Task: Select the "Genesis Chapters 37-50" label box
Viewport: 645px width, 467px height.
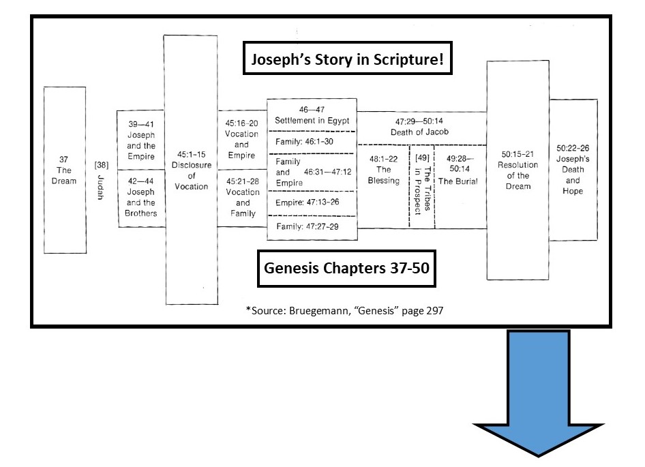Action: [347, 267]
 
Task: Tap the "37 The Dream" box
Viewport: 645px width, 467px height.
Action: [64, 170]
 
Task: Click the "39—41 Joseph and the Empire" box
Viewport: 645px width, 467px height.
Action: [141, 140]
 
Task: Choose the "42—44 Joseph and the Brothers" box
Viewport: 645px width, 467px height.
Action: [141, 197]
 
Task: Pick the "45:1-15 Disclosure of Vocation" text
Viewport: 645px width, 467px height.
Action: [190, 170]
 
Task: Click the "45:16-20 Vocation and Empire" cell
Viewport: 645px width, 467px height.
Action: [241, 139]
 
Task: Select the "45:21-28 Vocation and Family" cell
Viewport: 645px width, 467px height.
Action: [241, 198]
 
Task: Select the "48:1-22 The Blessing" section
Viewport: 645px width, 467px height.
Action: [383, 170]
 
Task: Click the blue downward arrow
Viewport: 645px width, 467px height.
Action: [539, 395]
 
